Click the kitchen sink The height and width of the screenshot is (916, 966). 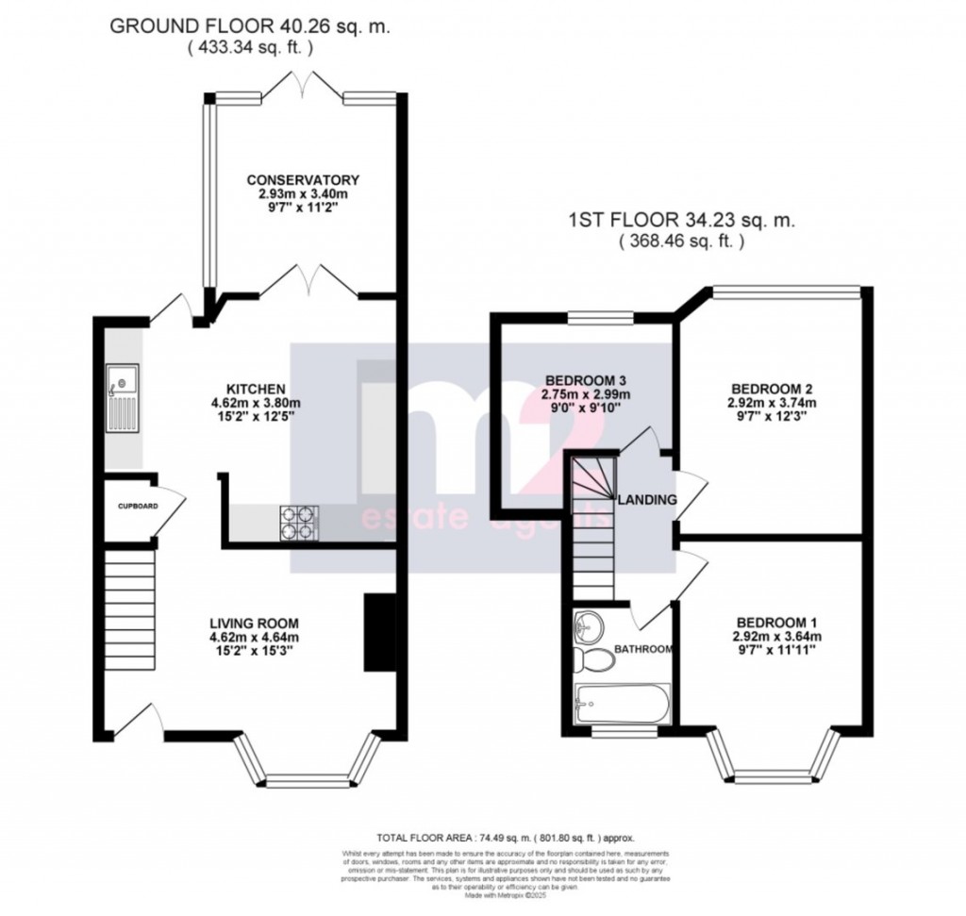pyautogui.click(x=123, y=396)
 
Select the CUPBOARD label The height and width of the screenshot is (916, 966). pyautogui.click(x=138, y=507)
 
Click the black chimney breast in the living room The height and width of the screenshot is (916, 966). pyautogui.click(x=377, y=633)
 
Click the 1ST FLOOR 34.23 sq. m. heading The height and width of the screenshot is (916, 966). pyautogui.click(x=681, y=222)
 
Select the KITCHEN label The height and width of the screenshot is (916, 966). pyautogui.click(x=249, y=388)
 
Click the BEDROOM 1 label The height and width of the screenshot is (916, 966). pyautogui.click(x=775, y=623)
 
